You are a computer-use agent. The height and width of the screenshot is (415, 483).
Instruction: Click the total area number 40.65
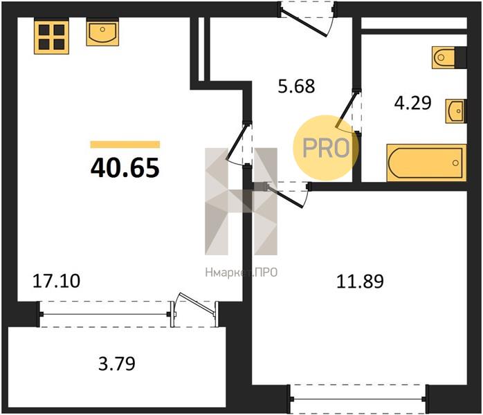(x=125, y=168)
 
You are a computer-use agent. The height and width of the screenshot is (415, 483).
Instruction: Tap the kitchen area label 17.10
(x=56, y=281)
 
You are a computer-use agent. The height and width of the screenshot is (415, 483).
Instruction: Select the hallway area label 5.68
(x=296, y=86)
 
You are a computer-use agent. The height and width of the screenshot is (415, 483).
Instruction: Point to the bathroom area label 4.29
(x=413, y=103)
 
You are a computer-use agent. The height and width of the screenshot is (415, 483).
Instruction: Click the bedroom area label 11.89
(x=360, y=282)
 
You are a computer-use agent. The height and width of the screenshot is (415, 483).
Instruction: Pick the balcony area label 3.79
(x=117, y=364)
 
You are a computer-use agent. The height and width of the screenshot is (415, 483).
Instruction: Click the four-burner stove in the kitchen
(x=51, y=36)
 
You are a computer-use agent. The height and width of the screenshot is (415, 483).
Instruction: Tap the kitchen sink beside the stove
(x=102, y=32)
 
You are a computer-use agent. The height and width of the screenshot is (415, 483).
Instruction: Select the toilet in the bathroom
(x=449, y=57)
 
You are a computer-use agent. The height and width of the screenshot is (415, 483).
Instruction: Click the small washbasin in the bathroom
(x=456, y=111)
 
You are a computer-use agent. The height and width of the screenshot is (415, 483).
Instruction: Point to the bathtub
(x=427, y=163)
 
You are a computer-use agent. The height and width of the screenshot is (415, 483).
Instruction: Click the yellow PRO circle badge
(x=326, y=148)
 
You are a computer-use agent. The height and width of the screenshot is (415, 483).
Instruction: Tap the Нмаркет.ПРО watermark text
(x=241, y=273)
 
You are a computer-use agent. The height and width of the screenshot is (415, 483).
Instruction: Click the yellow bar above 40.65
(x=125, y=145)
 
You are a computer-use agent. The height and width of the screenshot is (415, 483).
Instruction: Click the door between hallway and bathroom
(x=349, y=111)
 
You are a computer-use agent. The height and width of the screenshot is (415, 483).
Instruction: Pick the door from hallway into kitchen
(x=240, y=143)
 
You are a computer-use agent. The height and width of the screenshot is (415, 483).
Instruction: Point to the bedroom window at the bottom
(x=358, y=399)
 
